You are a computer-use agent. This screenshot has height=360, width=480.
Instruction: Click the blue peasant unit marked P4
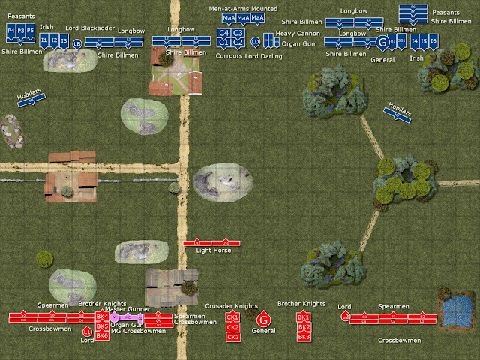click(10, 31)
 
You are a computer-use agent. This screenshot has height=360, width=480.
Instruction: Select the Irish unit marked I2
click(54, 40)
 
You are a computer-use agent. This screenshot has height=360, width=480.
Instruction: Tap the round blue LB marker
click(76, 44)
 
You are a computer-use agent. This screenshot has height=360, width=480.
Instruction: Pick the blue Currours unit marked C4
click(223, 33)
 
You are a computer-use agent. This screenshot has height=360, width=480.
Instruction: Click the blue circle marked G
click(384, 42)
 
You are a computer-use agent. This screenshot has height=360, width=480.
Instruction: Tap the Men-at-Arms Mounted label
click(244, 8)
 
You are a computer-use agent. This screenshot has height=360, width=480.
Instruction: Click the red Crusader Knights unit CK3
click(232, 336)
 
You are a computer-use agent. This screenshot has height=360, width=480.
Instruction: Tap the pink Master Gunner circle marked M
click(114, 317)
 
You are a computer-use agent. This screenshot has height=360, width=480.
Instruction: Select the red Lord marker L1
click(87, 331)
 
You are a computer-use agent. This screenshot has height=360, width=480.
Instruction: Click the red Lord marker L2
click(345, 316)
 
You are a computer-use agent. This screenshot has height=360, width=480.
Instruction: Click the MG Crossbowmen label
click(135, 331)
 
